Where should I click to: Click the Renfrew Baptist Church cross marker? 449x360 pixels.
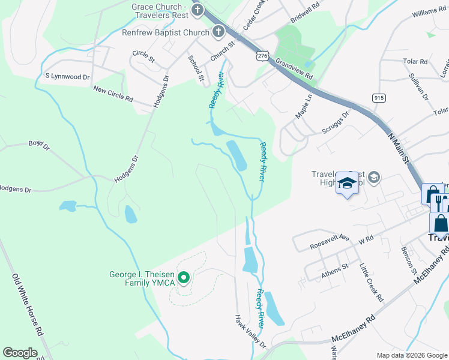[x=218, y=32]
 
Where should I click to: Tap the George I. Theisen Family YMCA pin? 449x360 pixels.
[x=185, y=277]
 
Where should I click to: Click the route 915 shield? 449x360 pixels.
[x=378, y=98]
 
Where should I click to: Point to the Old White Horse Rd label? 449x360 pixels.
[x=28, y=304]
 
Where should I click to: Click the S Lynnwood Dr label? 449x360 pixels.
[x=67, y=77]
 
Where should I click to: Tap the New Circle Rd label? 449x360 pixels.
[x=113, y=94]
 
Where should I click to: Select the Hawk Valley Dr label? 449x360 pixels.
[x=250, y=331]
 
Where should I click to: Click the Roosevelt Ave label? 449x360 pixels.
[x=330, y=241]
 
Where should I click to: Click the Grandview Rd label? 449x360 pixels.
[x=295, y=69]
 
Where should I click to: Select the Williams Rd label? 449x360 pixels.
[x=429, y=13]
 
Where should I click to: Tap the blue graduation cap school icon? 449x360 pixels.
[x=347, y=184]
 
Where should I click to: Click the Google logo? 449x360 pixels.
[x=20, y=353]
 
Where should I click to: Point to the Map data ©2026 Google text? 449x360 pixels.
[x=411, y=355]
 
